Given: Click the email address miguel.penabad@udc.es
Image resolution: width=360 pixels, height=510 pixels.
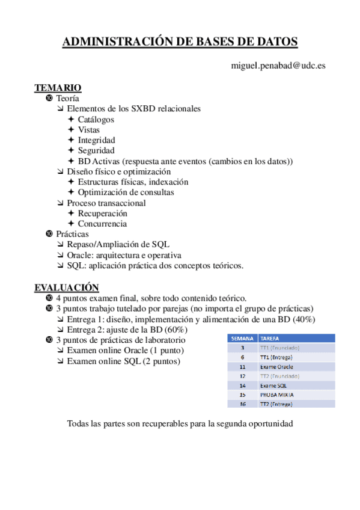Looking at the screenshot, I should [278, 65].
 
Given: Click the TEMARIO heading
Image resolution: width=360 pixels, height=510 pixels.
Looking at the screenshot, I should [58, 88].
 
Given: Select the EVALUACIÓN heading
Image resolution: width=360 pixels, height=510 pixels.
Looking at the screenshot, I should [66, 287].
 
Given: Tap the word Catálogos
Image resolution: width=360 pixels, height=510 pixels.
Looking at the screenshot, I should [96, 119].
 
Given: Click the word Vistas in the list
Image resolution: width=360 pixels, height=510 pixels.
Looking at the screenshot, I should [89, 129].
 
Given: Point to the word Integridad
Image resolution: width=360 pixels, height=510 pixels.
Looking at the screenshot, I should [96, 140].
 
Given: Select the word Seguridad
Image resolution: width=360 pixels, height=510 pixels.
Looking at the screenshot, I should [96, 150].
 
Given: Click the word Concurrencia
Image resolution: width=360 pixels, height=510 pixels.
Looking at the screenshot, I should [102, 224].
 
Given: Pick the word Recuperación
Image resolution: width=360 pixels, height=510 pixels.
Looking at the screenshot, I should [102, 213].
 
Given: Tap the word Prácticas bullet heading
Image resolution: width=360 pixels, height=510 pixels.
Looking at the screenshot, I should [72, 234].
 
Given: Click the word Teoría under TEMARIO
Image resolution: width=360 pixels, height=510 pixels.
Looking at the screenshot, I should [67, 98].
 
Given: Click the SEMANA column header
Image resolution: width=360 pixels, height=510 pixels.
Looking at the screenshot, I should [242, 338].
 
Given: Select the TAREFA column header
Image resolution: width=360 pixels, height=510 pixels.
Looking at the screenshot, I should [270, 338].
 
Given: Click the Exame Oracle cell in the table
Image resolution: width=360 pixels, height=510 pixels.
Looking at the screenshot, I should [276, 366].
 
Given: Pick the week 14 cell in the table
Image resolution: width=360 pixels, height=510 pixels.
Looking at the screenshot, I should [242, 385].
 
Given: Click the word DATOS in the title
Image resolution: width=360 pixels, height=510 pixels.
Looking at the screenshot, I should [273, 41].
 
